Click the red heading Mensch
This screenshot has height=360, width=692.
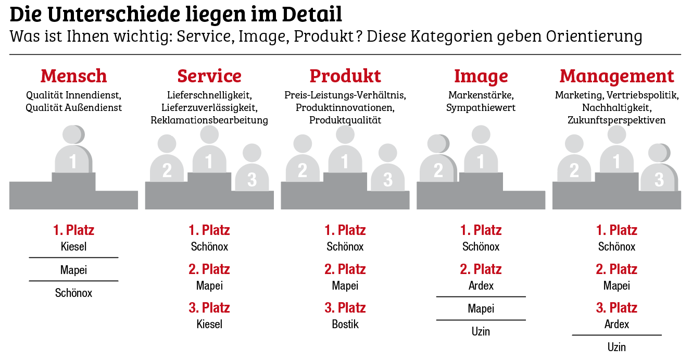click(73, 76)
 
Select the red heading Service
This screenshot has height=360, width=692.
click(209, 76)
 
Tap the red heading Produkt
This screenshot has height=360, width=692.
click(345, 76)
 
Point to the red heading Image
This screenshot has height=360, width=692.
click(481, 76)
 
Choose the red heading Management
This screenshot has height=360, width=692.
click(616, 76)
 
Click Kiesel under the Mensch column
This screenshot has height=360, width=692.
click(73, 246)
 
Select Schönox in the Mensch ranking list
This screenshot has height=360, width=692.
click(73, 293)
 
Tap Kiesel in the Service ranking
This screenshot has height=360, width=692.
click(209, 324)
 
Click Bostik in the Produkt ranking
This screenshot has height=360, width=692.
click(345, 324)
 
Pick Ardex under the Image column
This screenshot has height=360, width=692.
click(481, 285)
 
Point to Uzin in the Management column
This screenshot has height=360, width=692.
click(616, 347)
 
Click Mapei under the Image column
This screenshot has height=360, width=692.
click(481, 308)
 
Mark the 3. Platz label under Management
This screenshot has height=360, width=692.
click(616, 307)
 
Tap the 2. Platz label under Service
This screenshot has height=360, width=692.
click(209, 269)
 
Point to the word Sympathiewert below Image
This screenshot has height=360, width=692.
click(481, 108)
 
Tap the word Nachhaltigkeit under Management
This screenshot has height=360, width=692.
click(616, 108)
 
